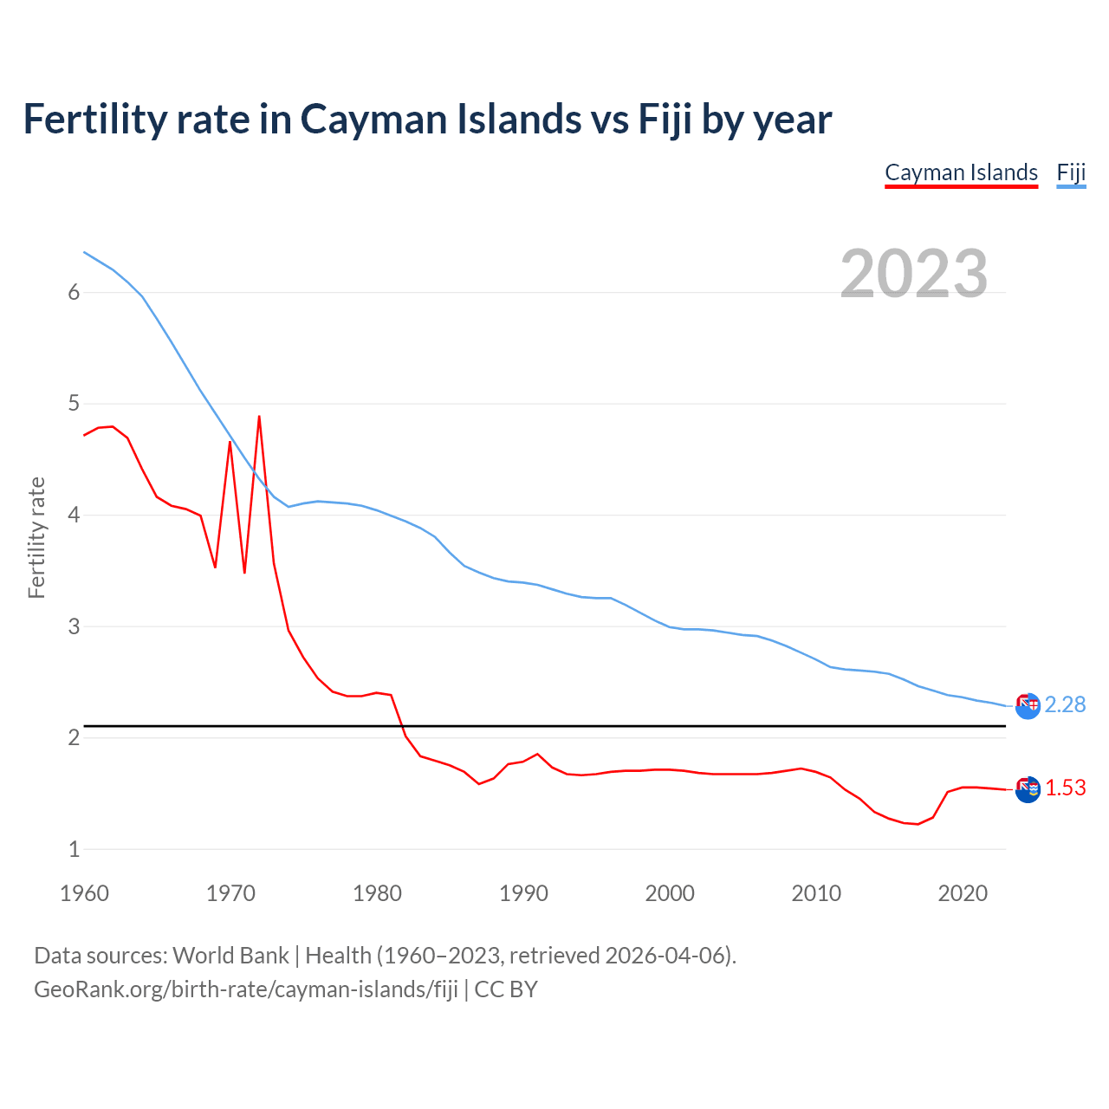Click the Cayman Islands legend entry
pos(961,172)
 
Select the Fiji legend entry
pos(1071,172)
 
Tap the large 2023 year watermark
pos(914,274)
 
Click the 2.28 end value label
pos(1065,705)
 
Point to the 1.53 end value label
pos(1065,788)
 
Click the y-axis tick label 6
pos(74,293)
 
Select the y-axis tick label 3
pos(74,626)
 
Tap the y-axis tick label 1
pos(74,849)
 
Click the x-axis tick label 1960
pos(84,893)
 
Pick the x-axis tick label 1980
pos(377,893)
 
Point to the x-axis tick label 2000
pos(670,893)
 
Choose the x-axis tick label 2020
pos(963,893)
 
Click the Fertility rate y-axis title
pos(36,537)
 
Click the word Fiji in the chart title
pos(665,120)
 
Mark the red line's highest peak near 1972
pos(259,417)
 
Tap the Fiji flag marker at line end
pos(1028,706)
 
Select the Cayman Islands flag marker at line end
pos(1028,789)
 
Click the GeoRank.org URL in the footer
pos(245,989)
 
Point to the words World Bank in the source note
pos(230,956)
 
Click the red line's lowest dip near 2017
pos(918,824)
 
